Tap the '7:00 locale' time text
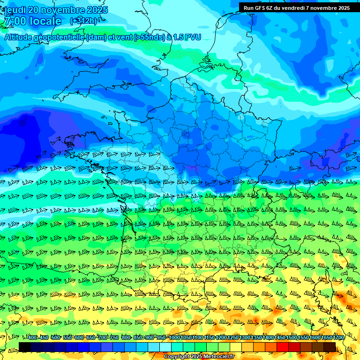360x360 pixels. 33,21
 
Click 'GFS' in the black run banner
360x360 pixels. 260,8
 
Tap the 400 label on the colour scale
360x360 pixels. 32,337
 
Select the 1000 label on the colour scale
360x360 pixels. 174,337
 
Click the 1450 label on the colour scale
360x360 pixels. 280,337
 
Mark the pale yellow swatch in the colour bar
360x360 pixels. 236,347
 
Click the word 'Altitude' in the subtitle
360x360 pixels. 19,37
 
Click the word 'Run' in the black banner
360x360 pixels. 248,8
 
